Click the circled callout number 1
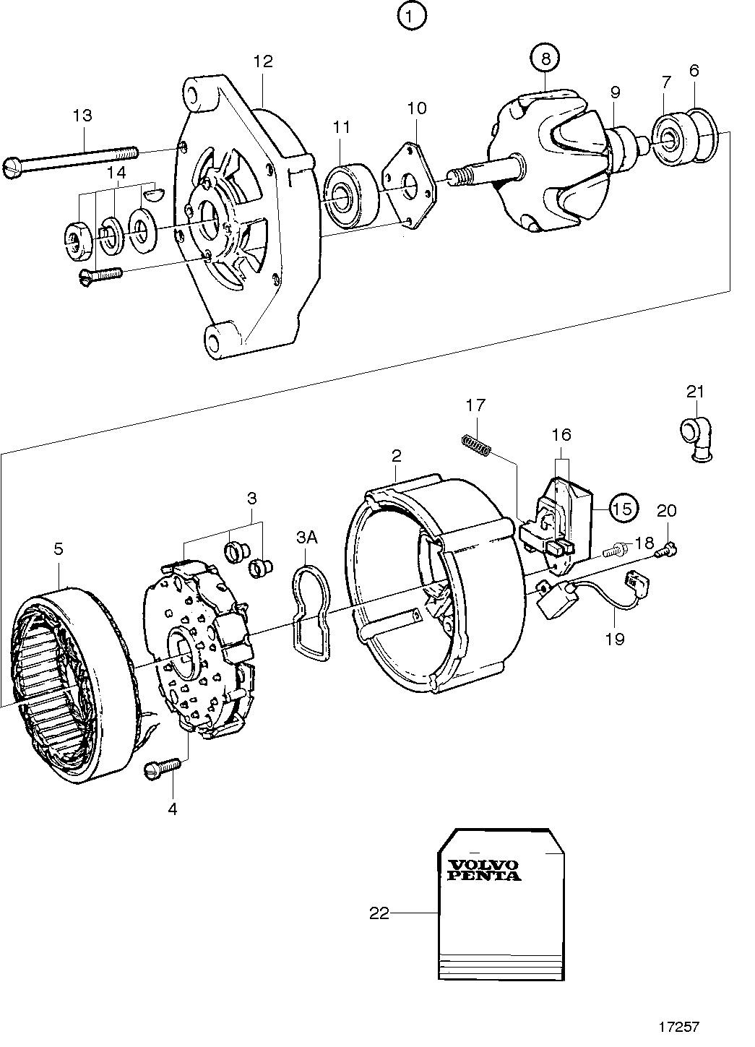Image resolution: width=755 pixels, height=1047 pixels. pos(412,17)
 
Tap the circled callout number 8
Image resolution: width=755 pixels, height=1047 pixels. pos(545,59)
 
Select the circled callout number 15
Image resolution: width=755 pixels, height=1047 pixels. pos(624,508)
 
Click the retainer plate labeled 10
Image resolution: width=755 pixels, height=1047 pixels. pos(409,186)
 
